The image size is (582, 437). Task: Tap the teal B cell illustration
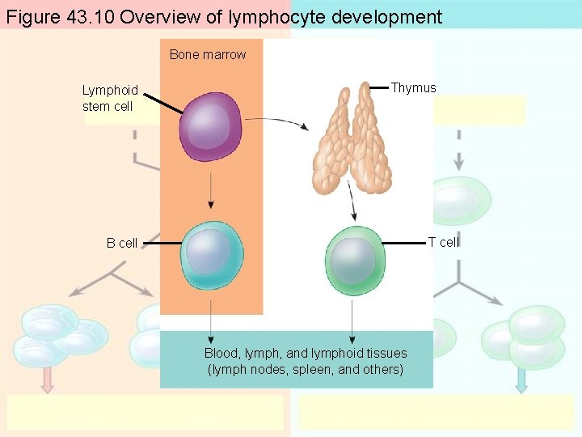(212, 255)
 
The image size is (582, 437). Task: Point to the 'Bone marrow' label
(208, 54)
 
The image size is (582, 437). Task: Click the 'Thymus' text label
(413, 88)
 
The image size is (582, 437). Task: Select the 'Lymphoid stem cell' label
(110, 98)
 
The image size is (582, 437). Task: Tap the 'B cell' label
(122, 243)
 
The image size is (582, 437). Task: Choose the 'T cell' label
(443, 242)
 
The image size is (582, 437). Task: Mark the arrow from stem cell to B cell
(211, 193)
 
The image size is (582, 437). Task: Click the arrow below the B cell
(211, 320)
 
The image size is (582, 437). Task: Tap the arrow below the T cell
(352, 320)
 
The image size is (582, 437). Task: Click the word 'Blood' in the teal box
(221, 353)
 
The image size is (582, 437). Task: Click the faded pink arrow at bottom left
(47, 379)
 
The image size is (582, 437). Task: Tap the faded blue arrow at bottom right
(521, 379)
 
